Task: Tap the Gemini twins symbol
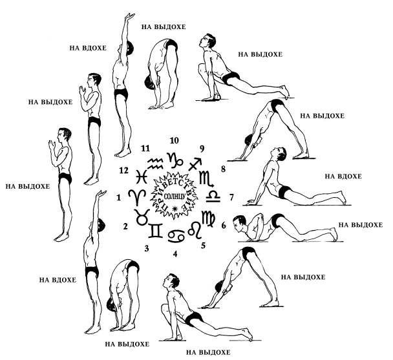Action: [x=157, y=229]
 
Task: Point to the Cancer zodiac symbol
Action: [x=176, y=233]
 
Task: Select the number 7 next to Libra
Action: [x=231, y=196]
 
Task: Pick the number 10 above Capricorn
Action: [x=174, y=140]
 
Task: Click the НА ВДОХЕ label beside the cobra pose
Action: [x=338, y=176]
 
